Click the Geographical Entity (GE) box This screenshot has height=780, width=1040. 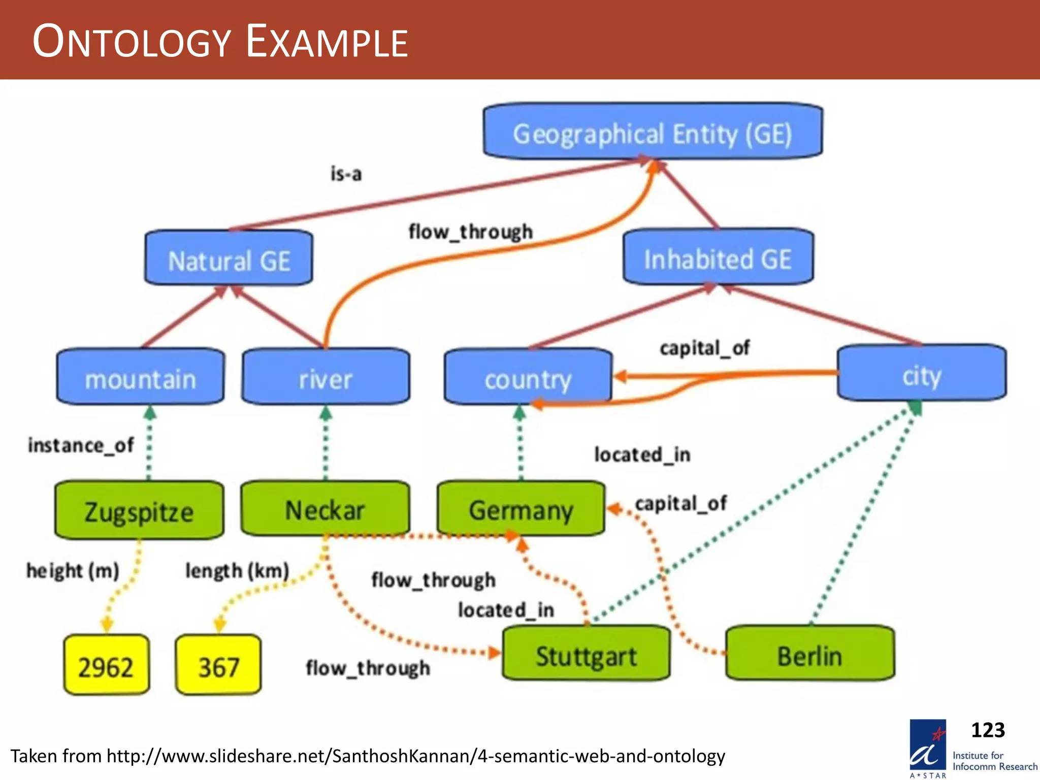653,133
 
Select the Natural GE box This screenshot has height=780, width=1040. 229,259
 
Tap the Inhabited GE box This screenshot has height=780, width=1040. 718,258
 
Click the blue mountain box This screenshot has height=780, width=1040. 140,377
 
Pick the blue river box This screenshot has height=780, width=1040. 326,377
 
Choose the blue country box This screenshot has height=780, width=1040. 528,377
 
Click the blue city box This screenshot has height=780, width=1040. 921,374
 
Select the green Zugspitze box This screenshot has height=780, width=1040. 139,510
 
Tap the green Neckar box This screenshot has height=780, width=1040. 325,509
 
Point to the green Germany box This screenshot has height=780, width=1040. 521,509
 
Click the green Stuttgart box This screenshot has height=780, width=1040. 586,655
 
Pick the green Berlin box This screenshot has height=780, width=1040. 809,655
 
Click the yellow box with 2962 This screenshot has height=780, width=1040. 106,666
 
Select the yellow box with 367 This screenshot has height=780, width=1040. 218,666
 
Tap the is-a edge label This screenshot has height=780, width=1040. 346,174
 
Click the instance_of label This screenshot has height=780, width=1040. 81,445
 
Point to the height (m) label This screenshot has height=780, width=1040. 73,570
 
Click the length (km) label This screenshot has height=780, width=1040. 237,570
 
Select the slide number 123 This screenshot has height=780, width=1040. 987,730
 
